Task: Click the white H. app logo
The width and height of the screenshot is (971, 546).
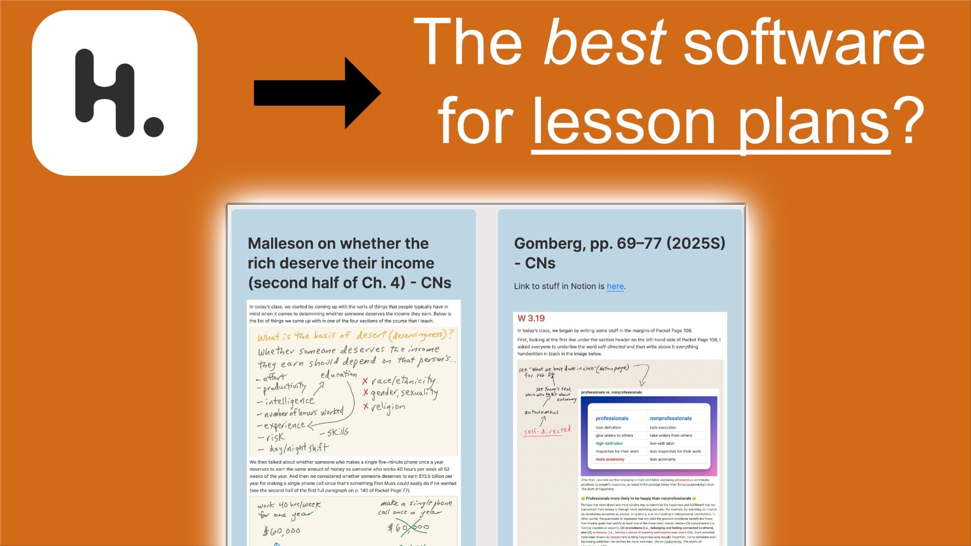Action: point(115,93)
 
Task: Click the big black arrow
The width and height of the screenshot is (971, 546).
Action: point(317,93)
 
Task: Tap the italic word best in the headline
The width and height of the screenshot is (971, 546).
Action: point(605,41)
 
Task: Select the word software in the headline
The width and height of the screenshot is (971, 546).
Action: point(804,41)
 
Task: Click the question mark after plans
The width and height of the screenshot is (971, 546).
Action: point(908,121)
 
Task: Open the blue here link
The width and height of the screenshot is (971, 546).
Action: point(615,286)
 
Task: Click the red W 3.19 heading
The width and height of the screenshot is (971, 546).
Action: point(531,318)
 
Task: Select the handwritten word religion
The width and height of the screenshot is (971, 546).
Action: point(388,407)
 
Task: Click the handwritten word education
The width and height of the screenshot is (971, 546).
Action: point(338,374)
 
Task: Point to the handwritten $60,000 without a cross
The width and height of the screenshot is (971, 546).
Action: point(282,531)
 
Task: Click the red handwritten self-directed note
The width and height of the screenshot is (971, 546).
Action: point(547,431)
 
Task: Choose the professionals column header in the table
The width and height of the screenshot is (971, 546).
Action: point(612,419)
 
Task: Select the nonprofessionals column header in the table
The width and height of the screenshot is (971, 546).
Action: point(671,419)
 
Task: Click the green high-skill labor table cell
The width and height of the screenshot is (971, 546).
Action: point(609,443)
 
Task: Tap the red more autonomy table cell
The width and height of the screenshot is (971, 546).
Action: point(610,460)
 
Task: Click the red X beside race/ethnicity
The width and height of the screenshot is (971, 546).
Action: point(365,382)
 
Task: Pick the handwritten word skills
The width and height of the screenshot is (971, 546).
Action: point(337,432)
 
